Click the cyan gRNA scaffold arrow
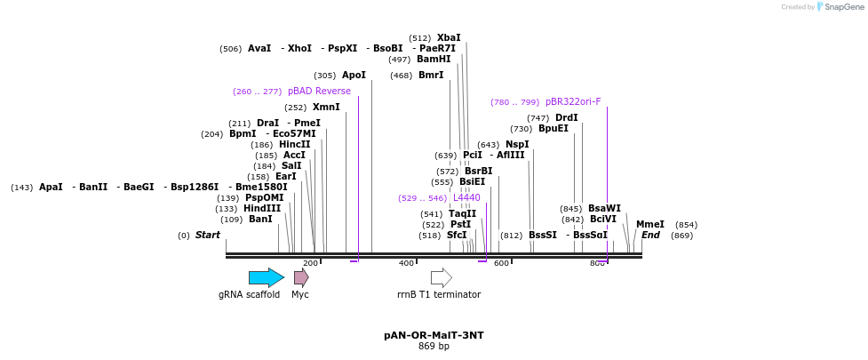tap(266, 277)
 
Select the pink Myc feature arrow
tap(301, 277)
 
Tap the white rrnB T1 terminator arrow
tap(441, 277)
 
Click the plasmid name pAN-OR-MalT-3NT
tap(434, 335)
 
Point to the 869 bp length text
tap(434, 346)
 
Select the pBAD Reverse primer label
tap(319, 91)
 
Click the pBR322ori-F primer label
tap(573, 101)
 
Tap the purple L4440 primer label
tap(466, 197)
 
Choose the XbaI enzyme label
tap(449, 37)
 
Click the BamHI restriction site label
tap(434, 59)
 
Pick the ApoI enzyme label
tap(354, 75)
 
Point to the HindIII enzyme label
tap(262, 208)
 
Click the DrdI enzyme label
tap(566, 117)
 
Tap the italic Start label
tap(207, 235)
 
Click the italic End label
tap(650, 235)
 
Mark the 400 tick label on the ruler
tap(406, 263)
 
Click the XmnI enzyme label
tap(326, 107)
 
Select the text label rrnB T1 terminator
tap(439, 294)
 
